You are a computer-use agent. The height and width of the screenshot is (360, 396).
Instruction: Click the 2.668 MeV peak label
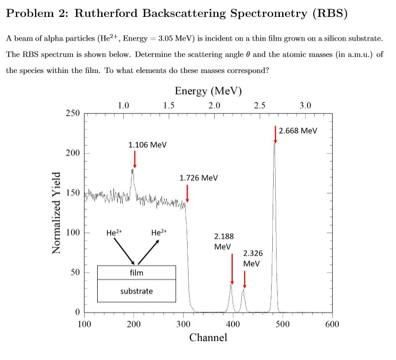tap(298, 130)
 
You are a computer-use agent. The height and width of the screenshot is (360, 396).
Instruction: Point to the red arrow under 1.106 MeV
tap(134, 159)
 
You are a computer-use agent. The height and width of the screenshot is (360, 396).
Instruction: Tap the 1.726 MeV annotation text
tap(198, 178)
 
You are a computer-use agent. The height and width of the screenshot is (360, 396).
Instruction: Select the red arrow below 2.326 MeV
tap(245, 279)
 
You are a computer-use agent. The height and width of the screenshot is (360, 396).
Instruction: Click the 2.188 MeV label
tap(223, 241)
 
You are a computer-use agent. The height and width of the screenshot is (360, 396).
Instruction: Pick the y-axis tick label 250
tap(73, 113)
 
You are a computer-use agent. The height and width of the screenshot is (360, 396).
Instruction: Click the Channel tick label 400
tap(233, 324)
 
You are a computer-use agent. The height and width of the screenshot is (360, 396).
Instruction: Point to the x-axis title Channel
tap(208, 337)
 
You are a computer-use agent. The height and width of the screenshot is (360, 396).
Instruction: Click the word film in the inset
tap(136, 273)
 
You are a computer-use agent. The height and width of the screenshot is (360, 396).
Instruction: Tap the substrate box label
tap(136, 291)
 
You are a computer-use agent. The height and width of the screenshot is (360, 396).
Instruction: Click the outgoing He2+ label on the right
tap(159, 232)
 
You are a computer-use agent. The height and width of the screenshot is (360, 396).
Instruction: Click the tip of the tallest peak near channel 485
tap(275, 144)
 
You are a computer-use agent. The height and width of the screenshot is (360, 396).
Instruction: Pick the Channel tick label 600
tap(332, 324)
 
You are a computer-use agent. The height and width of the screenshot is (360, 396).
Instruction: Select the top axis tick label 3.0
tap(305, 105)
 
